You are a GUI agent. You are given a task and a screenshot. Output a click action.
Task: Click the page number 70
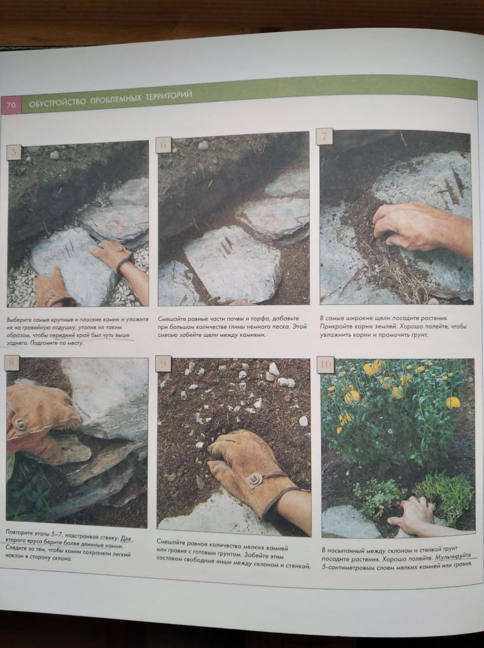pos(11,105)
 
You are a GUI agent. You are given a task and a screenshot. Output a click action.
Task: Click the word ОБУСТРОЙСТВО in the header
pos(58,102)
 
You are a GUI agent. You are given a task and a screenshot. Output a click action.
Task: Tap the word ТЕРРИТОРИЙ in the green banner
pos(168,96)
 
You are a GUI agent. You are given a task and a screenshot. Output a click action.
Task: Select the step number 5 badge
pos(14,152)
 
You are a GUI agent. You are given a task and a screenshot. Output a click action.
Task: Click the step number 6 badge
pos(163,145)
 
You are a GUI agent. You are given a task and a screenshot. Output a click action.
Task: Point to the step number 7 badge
pos(324,137)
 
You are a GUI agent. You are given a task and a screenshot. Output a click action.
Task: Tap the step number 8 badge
pos(12,363)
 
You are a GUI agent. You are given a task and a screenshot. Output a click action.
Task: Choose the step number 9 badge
pos(162,364)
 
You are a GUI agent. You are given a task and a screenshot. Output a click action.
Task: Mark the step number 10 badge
pos(326,364)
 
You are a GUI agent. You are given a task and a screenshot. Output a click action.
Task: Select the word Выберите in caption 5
pos(19,320)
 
